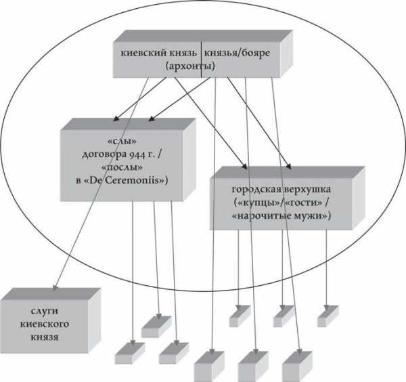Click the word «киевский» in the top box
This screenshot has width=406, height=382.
pos(142,52)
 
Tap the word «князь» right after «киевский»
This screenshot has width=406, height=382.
pos(182,52)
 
